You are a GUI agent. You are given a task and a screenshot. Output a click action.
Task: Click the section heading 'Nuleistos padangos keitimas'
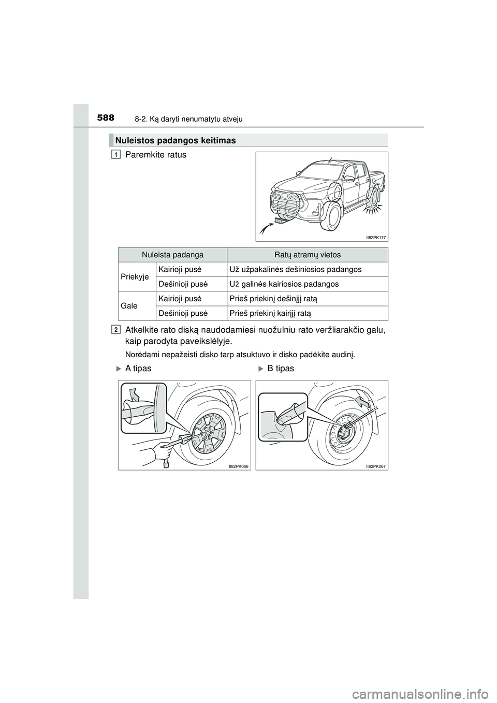176,140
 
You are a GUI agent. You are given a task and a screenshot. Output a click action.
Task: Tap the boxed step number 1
116,154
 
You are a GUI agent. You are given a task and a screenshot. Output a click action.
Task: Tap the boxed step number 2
116,329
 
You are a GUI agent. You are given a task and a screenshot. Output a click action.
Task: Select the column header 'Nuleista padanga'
173,255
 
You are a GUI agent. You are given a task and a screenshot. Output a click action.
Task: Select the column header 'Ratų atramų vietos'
307,255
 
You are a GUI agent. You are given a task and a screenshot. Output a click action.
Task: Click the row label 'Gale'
129,305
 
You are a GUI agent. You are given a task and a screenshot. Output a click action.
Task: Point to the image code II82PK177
376,237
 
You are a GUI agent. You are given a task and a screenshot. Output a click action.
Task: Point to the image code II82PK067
376,466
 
